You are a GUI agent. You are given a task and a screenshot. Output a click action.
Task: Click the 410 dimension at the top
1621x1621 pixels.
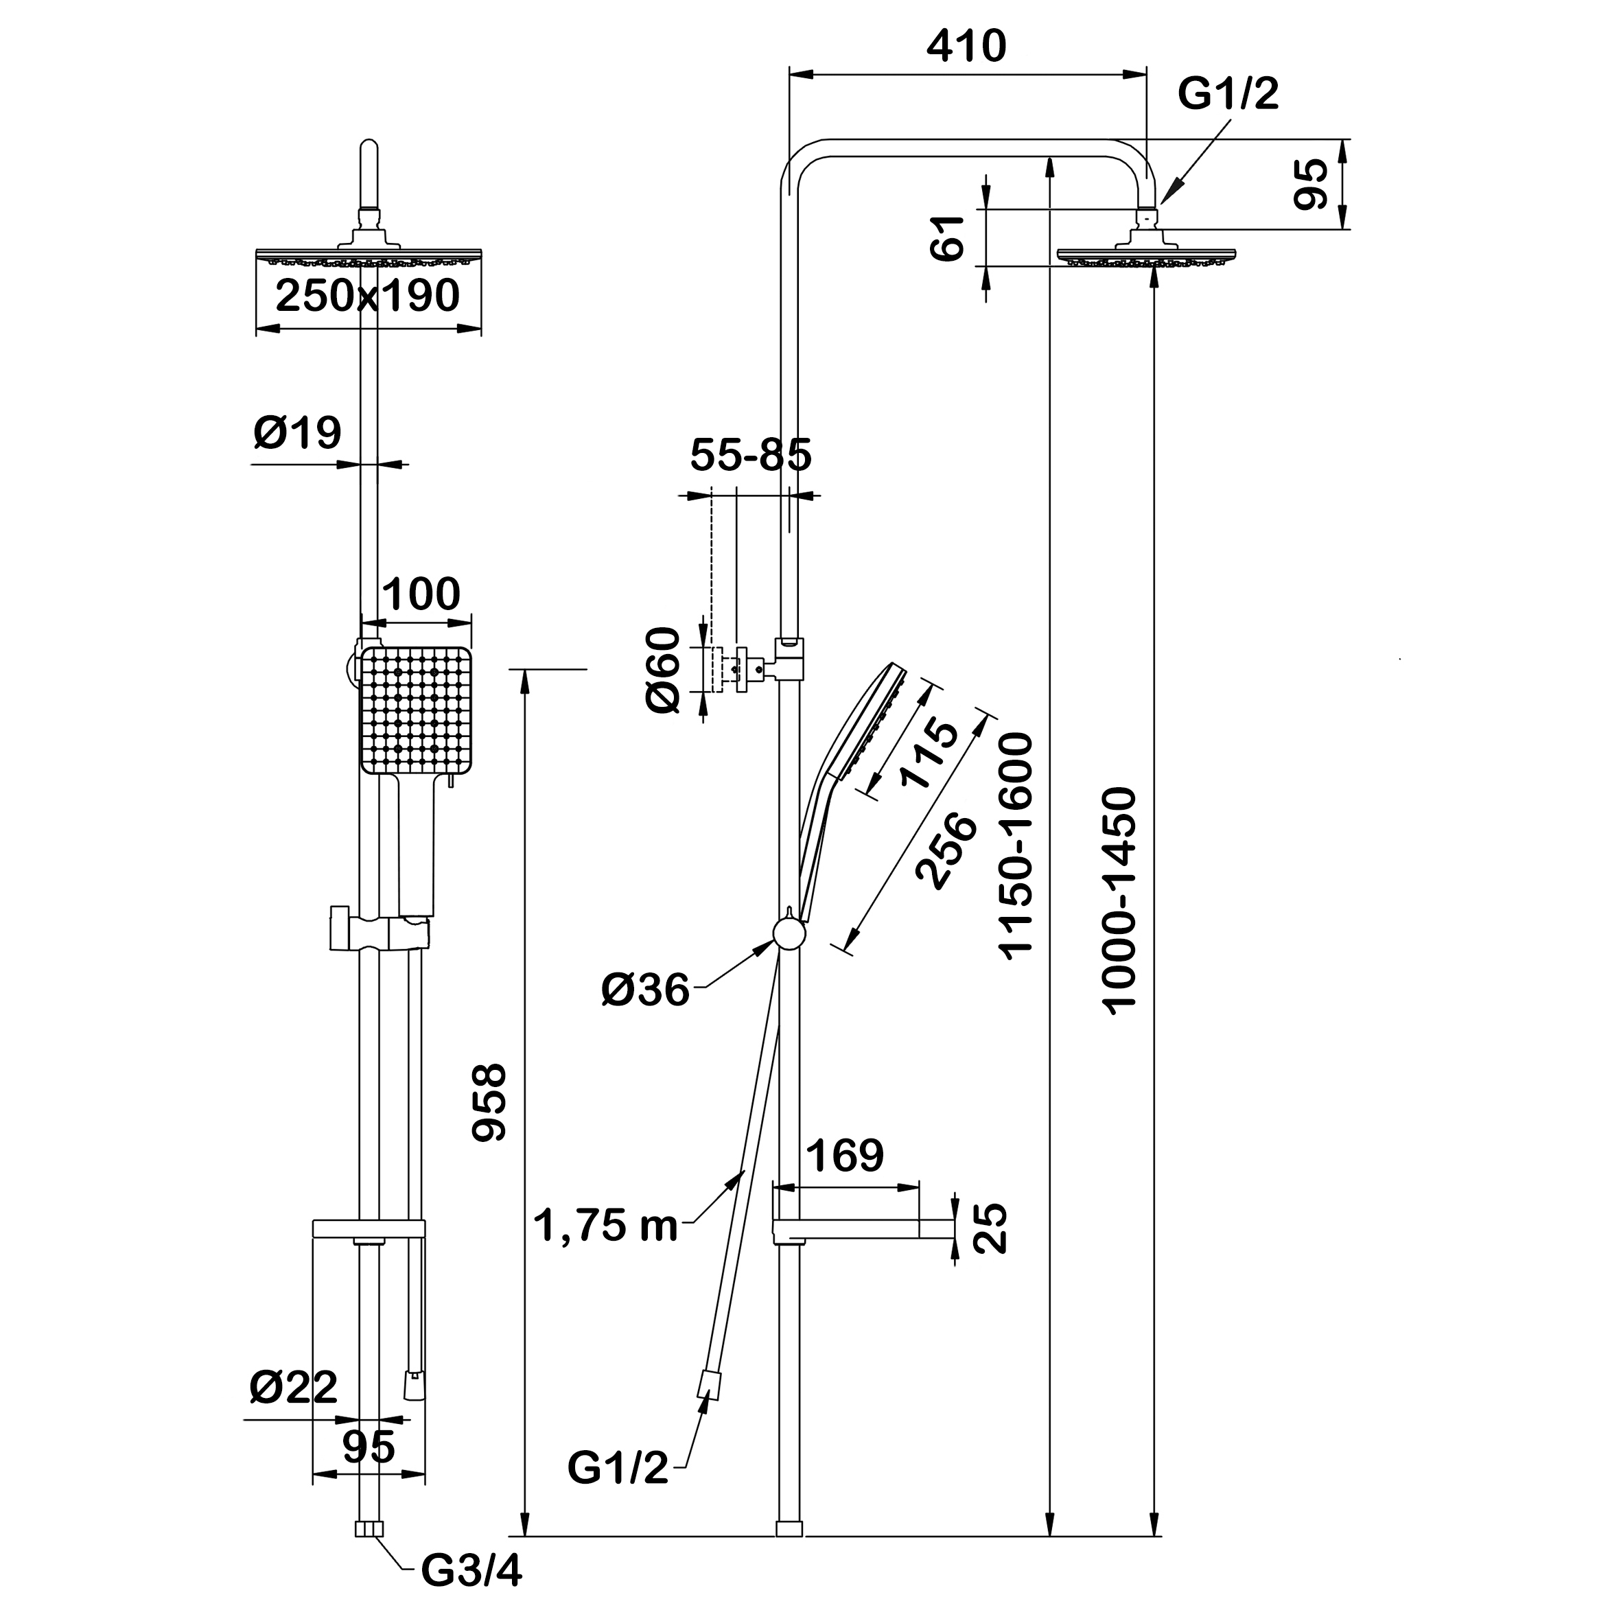coord(966,47)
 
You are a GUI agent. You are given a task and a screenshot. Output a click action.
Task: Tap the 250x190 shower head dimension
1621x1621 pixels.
coord(367,295)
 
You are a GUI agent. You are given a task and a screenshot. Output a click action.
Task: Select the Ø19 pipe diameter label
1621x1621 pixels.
coord(298,433)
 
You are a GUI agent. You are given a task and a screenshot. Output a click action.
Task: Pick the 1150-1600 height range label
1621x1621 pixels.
coord(1016,845)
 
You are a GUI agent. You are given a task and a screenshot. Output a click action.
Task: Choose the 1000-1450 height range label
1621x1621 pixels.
coord(1120,900)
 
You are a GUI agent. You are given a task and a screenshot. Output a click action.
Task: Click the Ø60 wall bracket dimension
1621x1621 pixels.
coord(664,670)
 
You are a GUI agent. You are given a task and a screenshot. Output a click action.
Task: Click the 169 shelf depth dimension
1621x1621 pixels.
coord(845,1156)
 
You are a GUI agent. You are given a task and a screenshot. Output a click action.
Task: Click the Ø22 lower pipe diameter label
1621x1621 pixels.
coord(294,1387)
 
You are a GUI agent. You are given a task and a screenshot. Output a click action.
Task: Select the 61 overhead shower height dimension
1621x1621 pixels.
coord(951,238)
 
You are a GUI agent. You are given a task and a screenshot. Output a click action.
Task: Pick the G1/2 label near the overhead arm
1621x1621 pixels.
coord(1228,94)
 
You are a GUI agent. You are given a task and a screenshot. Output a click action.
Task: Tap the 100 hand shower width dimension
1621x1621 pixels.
coord(421,594)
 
